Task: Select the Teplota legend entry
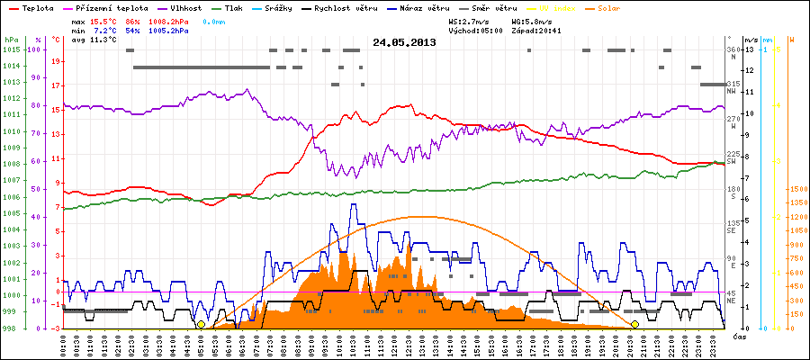point(37,7)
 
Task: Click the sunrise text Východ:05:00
point(476,30)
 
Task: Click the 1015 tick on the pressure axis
point(12,49)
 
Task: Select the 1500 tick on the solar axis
point(796,190)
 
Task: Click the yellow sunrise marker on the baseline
point(201,324)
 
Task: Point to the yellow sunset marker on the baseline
point(635,324)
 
